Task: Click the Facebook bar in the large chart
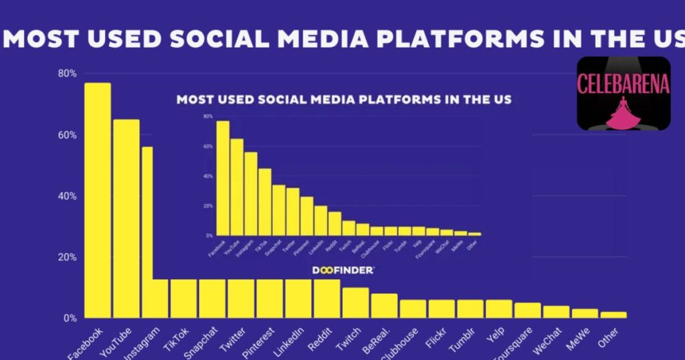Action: (x=98, y=201)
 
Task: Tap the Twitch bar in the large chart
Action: (x=355, y=303)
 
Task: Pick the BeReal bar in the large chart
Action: (x=384, y=306)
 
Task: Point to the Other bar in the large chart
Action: (x=613, y=315)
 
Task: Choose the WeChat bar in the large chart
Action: (x=556, y=312)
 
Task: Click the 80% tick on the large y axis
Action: (x=67, y=73)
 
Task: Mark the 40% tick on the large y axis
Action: (x=67, y=196)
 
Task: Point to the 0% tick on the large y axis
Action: (x=70, y=318)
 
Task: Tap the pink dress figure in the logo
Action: (x=623, y=112)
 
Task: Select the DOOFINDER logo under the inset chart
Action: (x=343, y=270)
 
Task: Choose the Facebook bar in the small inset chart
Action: (x=223, y=178)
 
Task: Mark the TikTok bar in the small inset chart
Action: (x=265, y=201)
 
